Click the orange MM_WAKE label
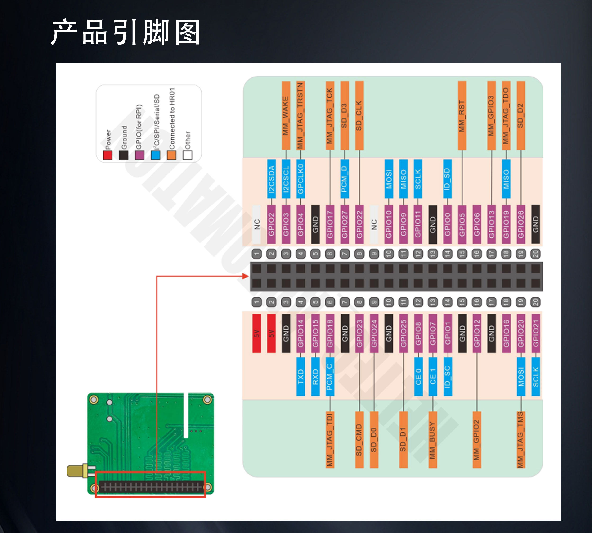[x=286, y=116]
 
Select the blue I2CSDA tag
[x=271, y=179]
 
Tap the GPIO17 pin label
[x=330, y=224]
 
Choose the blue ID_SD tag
[x=447, y=179]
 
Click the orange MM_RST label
[x=462, y=116]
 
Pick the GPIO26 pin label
[x=520, y=224]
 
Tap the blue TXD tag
[x=300, y=377]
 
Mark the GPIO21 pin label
[x=535, y=333]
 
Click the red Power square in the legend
[x=108, y=155]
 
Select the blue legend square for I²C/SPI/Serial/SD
[x=155, y=155]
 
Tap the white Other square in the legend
[x=188, y=155]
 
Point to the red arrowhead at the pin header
[x=246, y=276]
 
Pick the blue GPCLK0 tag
[x=300, y=179]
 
